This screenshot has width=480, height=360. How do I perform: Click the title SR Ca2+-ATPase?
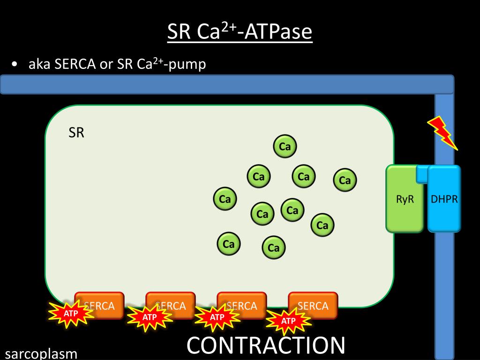[x=240, y=32]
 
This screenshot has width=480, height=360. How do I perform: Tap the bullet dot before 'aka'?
[x=16, y=65]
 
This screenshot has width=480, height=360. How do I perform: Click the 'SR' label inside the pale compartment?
[x=76, y=133]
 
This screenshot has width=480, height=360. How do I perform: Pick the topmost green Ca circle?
[x=285, y=147]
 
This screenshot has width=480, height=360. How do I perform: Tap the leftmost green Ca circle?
[x=225, y=199]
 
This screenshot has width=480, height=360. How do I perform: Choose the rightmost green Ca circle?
[x=345, y=180]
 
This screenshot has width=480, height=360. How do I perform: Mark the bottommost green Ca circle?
[x=274, y=248]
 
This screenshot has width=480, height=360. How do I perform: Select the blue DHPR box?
[x=444, y=199]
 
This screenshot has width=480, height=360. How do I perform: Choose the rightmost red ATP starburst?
[x=288, y=321]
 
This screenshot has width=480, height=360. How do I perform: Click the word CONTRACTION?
[x=266, y=345]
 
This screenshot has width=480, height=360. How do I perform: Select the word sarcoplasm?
[x=41, y=353]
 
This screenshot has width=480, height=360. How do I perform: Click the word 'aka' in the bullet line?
[x=39, y=64]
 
